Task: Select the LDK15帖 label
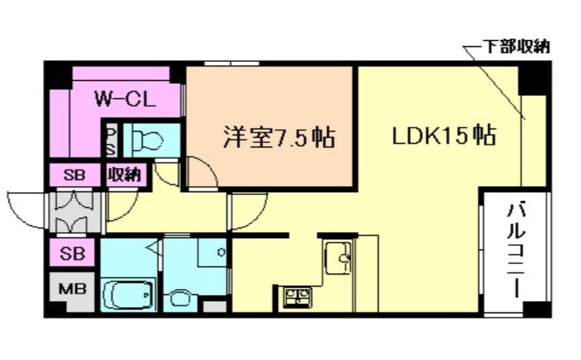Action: [x=443, y=136]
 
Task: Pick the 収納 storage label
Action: [x=123, y=175]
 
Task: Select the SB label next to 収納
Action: [x=73, y=175]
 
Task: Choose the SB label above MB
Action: [x=73, y=251]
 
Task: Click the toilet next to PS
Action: [x=150, y=139]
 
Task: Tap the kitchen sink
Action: [x=337, y=259]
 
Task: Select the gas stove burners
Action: [x=296, y=296]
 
